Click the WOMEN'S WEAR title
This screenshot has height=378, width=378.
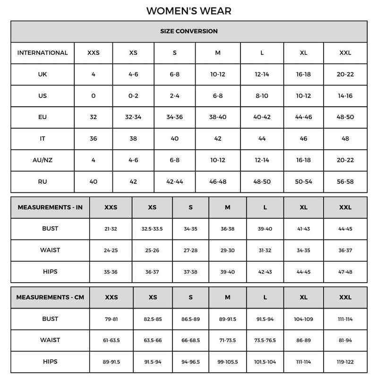point(189,10)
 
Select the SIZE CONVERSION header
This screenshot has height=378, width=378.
point(189,31)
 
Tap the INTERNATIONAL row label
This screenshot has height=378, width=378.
point(43,53)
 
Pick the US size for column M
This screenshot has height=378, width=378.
point(218,96)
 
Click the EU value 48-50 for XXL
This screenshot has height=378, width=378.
point(345,117)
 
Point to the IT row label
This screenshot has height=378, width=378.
point(43,139)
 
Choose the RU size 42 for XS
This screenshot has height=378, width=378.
point(133,181)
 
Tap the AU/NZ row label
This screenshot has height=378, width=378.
point(43,160)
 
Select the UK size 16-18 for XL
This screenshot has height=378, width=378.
point(303,75)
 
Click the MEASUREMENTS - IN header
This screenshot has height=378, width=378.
point(50,207)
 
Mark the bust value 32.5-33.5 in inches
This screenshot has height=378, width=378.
point(152,229)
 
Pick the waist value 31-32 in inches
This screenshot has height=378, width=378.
point(265,250)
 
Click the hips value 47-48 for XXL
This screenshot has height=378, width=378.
point(345,272)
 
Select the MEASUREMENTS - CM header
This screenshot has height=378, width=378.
point(51,298)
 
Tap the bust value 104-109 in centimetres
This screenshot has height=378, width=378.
point(303,319)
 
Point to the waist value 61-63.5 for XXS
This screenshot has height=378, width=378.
point(112,341)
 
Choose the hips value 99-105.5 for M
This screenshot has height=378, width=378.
point(228,362)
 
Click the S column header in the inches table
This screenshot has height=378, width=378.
point(190,207)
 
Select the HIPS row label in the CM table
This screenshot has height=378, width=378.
point(50,362)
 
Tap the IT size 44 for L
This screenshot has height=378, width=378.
point(262,139)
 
